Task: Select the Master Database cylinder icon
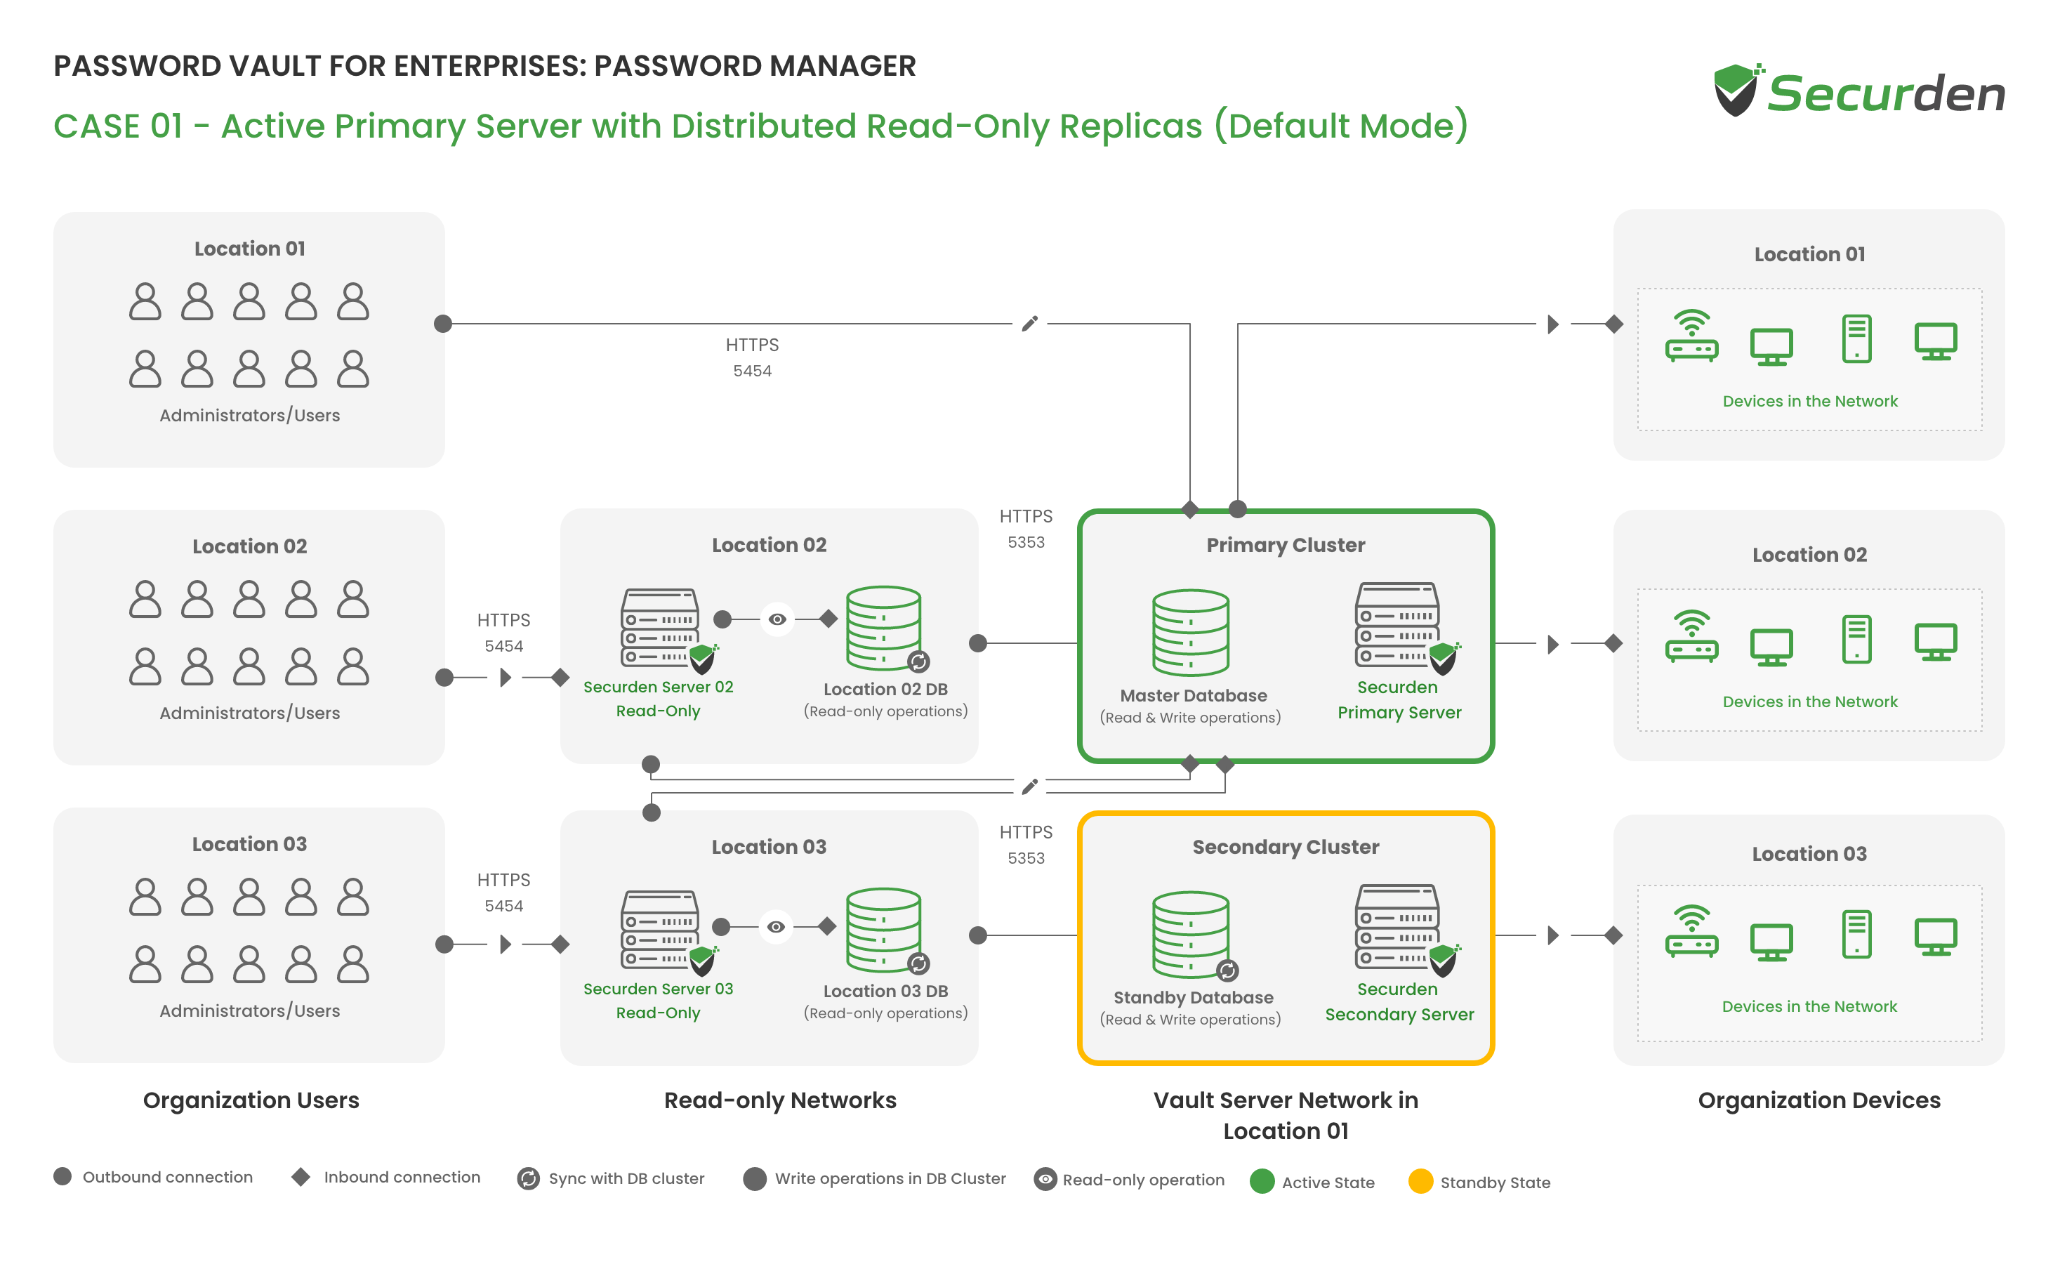1191,632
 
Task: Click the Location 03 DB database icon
886,930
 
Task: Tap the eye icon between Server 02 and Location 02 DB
777,619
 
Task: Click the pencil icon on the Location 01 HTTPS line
1030,323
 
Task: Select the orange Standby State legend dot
1420,1181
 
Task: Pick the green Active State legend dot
1262,1181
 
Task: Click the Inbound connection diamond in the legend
301,1177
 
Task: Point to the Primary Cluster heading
1285,545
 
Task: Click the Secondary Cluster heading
1285,847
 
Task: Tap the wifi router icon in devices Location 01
1691,336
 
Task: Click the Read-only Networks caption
780,1100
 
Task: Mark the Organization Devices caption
1819,1100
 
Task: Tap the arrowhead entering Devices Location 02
1552,644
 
